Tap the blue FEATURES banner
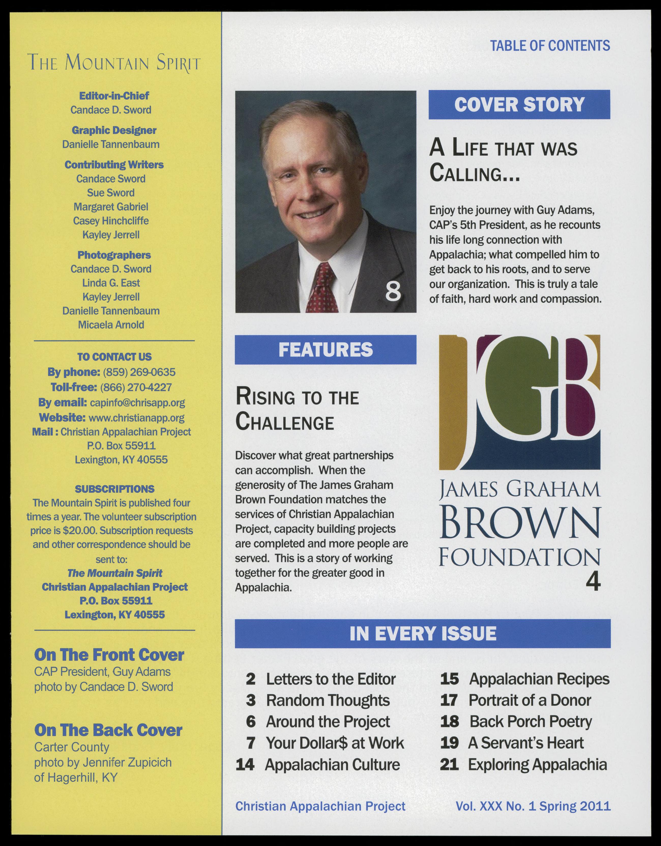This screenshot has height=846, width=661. click(325, 350)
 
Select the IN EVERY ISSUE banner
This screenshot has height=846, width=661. click(422, 634)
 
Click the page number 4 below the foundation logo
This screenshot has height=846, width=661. click(593, 582)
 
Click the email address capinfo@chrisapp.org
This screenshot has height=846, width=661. click(138, 403)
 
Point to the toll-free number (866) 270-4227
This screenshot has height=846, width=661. click(136, 387)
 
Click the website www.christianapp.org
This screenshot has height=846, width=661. click(136, 418)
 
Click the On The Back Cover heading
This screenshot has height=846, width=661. click(108, 730)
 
